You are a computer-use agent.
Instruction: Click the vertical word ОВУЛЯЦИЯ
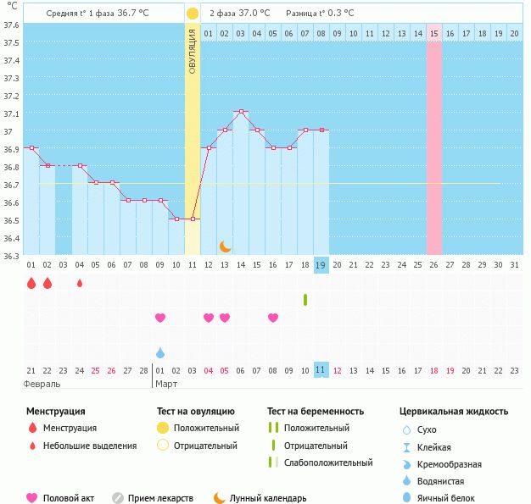pos(193,52)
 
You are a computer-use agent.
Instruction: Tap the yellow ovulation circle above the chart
pos(193,14)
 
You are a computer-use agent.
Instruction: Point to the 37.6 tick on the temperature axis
pos(11,25)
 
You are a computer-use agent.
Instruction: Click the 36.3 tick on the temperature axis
pos(11,256)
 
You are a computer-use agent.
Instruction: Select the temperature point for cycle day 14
pos(241,112)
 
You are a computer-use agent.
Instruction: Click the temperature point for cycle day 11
pos(193,219)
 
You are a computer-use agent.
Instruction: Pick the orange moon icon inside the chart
pos(225,246)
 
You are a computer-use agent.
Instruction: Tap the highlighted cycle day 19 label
pos(321,264)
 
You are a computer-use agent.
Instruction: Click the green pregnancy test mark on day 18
pos(305,299)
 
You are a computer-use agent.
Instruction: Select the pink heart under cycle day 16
pos(273,318)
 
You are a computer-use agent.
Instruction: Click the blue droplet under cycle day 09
pos(160,352)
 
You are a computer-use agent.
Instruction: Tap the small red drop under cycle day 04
pos(80,283)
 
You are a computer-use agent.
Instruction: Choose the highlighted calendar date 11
pos(321,369)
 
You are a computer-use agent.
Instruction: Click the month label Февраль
pos(42,384)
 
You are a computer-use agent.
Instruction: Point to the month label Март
pos(165,384)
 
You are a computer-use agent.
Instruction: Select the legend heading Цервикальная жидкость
pos(454,412)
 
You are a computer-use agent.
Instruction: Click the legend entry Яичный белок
pos(452,498)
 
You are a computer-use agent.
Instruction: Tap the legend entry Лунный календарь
pos(270,498)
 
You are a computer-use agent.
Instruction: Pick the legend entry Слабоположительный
pos(328,462)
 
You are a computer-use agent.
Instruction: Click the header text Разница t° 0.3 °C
pos(320,14)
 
